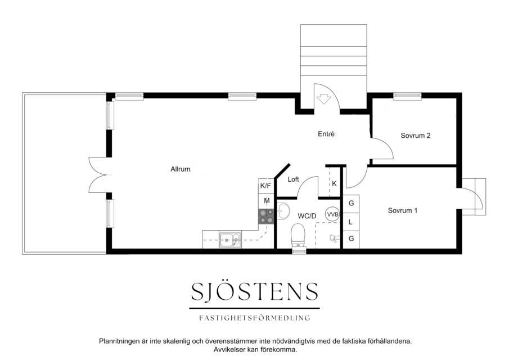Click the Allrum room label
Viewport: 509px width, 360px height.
pyautogui.click(x=180, y=169)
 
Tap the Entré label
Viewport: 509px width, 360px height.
pyautogui.click(x=326, y=134)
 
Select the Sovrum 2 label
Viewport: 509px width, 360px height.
pyautogui.click(x=416, y=136)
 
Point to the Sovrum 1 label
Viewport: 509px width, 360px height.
pyautogui.click(x=403, y=211)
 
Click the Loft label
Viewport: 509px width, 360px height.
pyautogui.click(x=293, y=179)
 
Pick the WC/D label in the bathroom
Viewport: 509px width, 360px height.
pyautogui.click(x=307, y=216)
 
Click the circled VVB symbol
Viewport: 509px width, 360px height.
pyautogui.click(x=333, y=214)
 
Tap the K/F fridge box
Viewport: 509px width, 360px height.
pyautogui.click(x=265, y=186)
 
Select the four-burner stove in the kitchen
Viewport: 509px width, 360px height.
pyautogui.click(x=266, y=217)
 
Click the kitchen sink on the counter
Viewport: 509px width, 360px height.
pyautogui.click(x=230, y=240)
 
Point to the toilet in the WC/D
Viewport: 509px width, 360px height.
pyautogui.click(x=299, y=237)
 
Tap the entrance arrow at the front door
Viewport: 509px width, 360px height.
pyautogui.click(x=323, y=99)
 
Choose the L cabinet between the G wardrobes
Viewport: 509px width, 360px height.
pyautogui.click(x=351, y=222)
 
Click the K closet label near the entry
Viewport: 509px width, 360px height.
pyautogui.click(x=334, y=184)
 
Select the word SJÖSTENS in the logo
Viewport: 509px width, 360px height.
pyautogui.click(x=254, y=291)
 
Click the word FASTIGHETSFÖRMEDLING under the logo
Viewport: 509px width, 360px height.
pyautogui.click(x=254, y=318)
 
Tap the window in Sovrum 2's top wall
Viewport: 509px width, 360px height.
pyautogui.click(x=407, y=96)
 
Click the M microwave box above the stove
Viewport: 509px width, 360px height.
pyautogui.click(x=266, y=201)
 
